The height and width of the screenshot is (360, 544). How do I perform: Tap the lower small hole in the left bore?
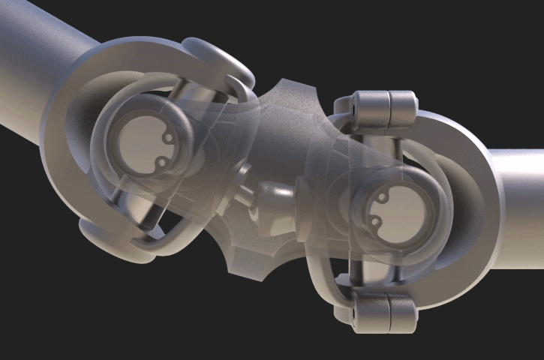(x=160, y=161)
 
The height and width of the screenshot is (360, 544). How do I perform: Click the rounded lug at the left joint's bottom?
(x=113, y=244)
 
